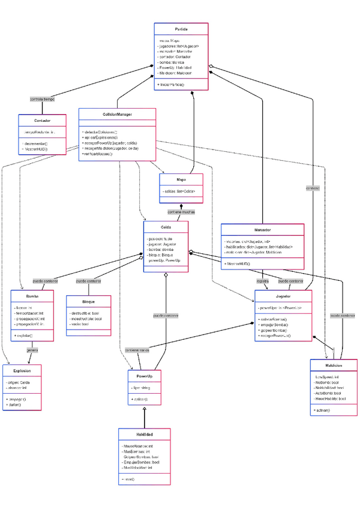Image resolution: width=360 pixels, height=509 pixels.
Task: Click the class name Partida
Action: pos(181,29)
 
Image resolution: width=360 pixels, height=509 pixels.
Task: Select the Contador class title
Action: pos(42,120)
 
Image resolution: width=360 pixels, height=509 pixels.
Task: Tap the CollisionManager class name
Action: pos(118,114)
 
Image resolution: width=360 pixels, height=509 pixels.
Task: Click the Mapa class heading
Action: pos(181,179)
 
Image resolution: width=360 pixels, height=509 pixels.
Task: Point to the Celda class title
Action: pos(166,227)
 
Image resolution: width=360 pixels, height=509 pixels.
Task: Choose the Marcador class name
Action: pos(262,230)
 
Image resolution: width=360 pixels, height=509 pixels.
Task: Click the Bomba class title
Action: pos(32,297)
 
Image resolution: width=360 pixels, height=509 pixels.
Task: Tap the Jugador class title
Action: pos(283,297)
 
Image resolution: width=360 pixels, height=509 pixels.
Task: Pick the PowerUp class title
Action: pos(145,376)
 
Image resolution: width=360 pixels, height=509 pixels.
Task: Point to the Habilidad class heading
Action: pos(144,434)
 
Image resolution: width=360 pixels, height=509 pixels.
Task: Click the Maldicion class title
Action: pos(334,365)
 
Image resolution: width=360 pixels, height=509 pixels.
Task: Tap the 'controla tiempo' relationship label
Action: pos(42,98)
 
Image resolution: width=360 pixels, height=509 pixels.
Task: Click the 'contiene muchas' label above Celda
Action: pos(181,211)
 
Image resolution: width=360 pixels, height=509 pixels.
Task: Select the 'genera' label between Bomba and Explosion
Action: pos(32,350)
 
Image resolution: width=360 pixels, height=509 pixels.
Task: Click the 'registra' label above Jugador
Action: pos(263,280)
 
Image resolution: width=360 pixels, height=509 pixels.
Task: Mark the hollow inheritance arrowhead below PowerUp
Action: pos(145,408)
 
